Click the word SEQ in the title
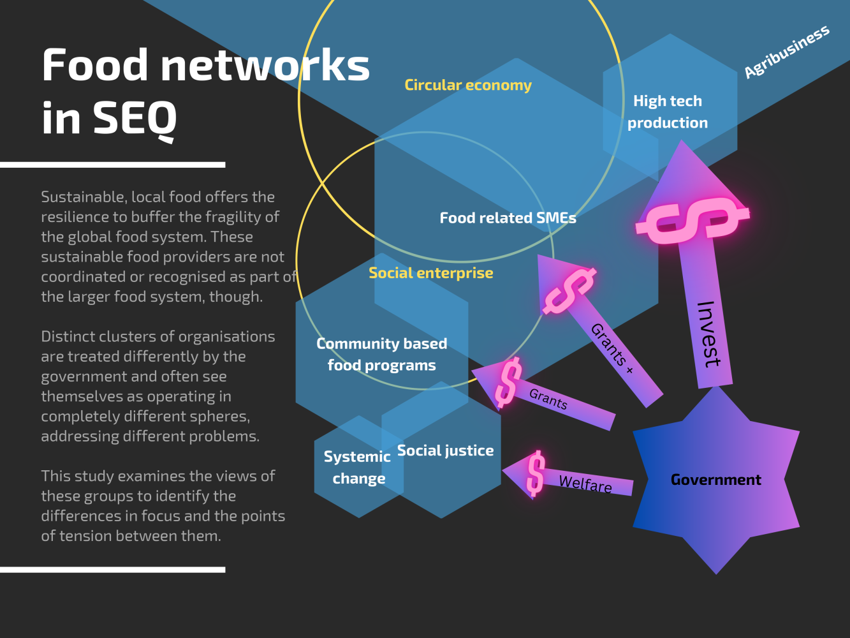134,119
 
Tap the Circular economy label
468,85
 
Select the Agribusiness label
787,52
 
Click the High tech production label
668,112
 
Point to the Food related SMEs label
508,218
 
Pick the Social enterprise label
431,273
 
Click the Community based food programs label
381,354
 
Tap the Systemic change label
357,468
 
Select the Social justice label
445,450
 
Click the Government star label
715,480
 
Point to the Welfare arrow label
585,484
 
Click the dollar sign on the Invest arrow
692,220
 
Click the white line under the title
112,165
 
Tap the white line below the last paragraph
112,569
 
